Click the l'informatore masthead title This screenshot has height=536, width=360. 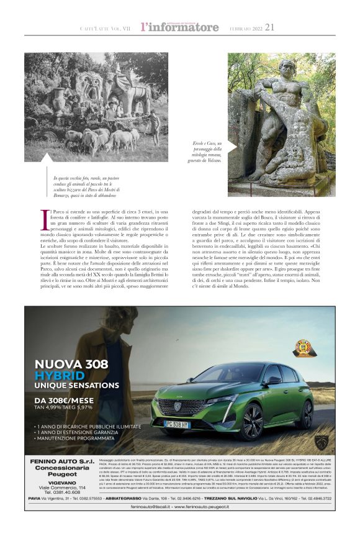179,27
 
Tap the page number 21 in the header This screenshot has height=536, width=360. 269,27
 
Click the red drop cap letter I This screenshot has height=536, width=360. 45,219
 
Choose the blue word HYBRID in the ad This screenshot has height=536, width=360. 60,376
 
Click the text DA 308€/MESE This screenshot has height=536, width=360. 64,400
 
